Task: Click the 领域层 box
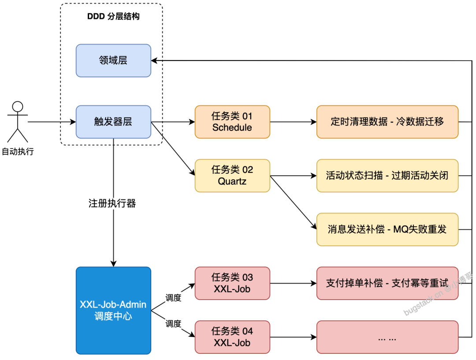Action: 113,60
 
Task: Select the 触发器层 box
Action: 113,122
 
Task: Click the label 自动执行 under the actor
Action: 18,152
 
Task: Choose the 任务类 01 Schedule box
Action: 232,122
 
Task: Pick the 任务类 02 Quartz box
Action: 232,176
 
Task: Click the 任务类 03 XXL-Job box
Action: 232,283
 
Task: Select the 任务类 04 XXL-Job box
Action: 232,337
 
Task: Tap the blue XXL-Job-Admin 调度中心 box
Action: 113,311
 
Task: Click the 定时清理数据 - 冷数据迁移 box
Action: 387,122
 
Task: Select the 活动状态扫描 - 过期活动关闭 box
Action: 387,176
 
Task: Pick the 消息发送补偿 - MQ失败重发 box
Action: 387,229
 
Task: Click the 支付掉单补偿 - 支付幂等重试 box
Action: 387,283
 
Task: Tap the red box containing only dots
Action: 387,337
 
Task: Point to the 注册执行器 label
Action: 112,203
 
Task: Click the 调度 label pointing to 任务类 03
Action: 173,298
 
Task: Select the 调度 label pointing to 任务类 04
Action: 173,324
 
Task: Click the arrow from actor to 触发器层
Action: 51,122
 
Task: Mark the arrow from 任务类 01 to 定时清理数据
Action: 293,122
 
